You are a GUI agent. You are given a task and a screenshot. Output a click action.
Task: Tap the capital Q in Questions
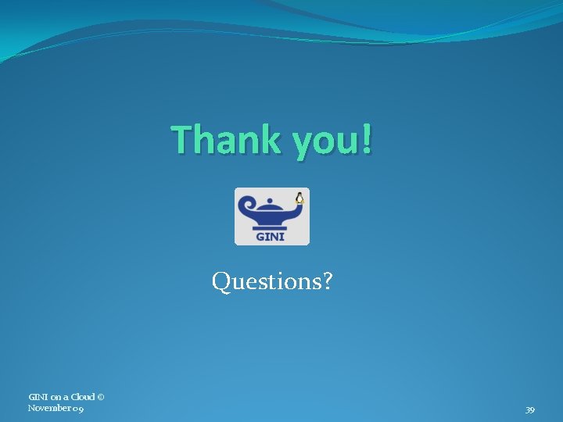click(221, 281)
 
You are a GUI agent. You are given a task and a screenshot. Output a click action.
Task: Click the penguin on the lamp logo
click(299, 198)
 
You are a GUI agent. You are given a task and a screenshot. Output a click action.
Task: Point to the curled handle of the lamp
click(247, 208)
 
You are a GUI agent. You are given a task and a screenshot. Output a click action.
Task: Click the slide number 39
click(530, 410)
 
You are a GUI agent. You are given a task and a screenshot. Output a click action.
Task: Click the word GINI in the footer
click(38, 397)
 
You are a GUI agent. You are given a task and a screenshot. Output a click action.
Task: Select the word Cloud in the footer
click(83, 397)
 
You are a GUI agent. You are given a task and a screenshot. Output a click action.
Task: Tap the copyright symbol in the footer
click(102, 397)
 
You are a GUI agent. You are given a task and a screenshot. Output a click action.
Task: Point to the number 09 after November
click(79, 408)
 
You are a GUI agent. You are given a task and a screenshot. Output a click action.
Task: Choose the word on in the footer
click(56, 397)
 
